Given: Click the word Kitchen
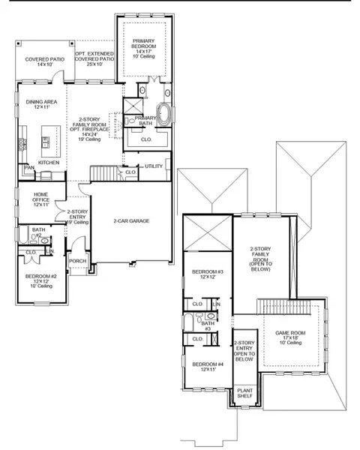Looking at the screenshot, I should tap(49, 162).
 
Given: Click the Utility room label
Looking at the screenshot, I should tap(154, 166).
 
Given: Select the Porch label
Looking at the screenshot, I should tap(78, 262).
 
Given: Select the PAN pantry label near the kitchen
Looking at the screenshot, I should tap(29, 167).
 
